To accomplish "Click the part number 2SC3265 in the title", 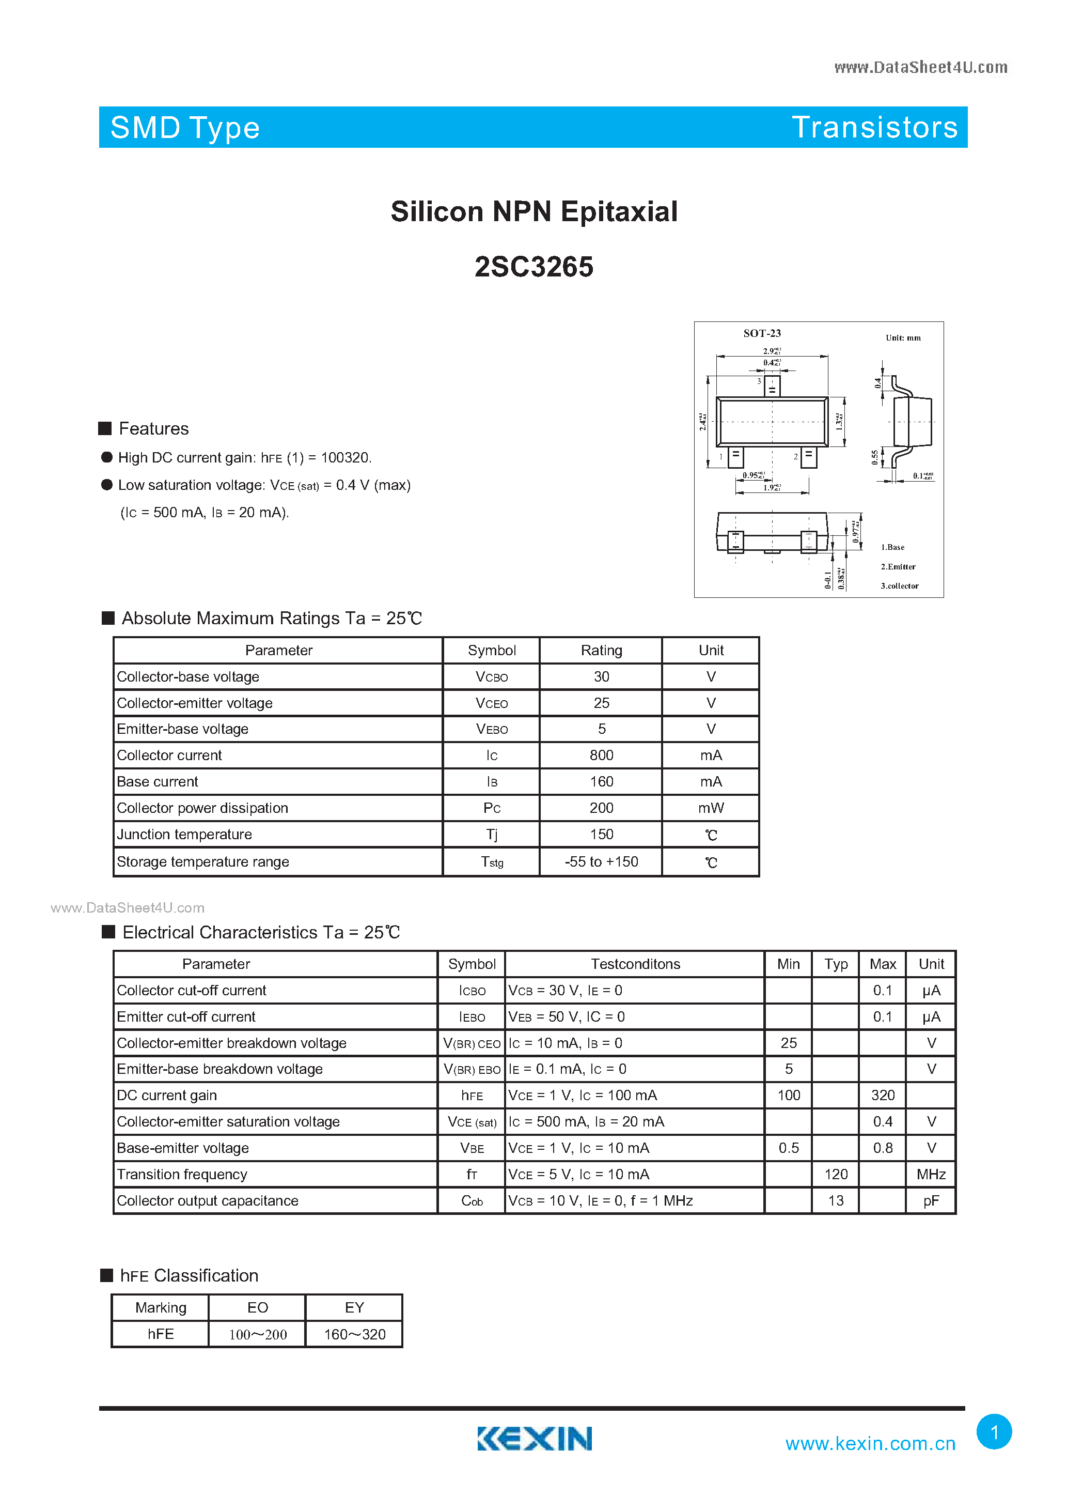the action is [533, 267].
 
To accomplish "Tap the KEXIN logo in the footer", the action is [534, 1438].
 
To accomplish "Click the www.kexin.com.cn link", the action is [870, 1443].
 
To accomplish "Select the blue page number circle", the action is [994, 1431].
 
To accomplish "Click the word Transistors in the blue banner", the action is [874, 127].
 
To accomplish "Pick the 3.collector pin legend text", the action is [899, 585].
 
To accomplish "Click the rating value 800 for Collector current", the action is [601, 755].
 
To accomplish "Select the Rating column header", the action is [601, 650].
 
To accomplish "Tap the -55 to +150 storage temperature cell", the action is [601, 861].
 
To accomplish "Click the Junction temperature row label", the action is [184, 835].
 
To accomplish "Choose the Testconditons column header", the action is [635, 964].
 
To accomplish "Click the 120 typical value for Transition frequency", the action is [836, 1174].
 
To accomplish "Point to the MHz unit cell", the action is [931, 1174].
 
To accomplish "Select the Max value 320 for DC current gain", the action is [883, 1095].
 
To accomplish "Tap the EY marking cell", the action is [354, 1307].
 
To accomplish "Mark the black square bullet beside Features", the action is [105, 428].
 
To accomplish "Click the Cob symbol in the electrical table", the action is [472, 1201].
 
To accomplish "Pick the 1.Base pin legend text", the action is [892, 547].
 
